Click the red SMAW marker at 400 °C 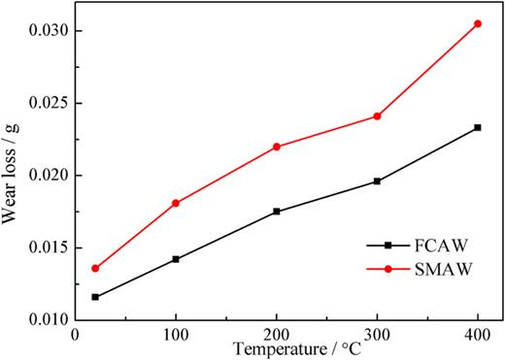(477, 23)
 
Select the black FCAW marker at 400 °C (477, 127)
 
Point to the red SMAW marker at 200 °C (277, 147)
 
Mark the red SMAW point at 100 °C (176, 203)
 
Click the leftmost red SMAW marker (95, 268)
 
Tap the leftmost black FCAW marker (95, 297)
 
